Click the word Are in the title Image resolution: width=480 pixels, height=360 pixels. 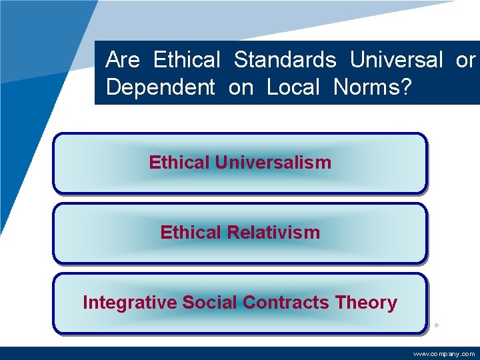point(123,61)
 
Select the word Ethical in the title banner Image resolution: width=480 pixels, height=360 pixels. point(187,61)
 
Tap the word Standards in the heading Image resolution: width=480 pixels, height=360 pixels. point(285,61)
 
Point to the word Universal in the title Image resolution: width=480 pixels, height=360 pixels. point(396,61)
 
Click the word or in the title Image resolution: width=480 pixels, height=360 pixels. point(465,61)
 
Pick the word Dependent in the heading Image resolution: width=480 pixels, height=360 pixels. point(161,87)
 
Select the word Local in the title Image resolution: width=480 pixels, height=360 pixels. point(294,87)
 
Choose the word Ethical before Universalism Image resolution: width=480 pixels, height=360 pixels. point(179,163)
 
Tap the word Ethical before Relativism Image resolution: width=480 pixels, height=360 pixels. point(191,233)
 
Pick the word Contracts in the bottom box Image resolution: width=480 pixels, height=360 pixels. point(285,303)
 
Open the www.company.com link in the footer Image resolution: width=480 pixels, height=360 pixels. point(444,354)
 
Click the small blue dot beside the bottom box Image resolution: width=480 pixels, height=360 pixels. point(436,325)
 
